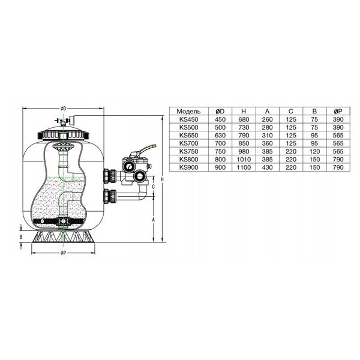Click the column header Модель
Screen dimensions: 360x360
188,112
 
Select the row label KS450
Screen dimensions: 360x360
188,119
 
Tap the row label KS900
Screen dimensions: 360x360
188,167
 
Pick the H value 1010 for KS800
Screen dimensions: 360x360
244,160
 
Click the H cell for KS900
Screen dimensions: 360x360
244,167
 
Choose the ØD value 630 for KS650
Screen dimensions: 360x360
220,136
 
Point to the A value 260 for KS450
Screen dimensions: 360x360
267,119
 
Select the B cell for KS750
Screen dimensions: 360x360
314,152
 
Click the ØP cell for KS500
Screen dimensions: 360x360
338,127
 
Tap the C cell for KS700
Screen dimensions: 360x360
291,143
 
